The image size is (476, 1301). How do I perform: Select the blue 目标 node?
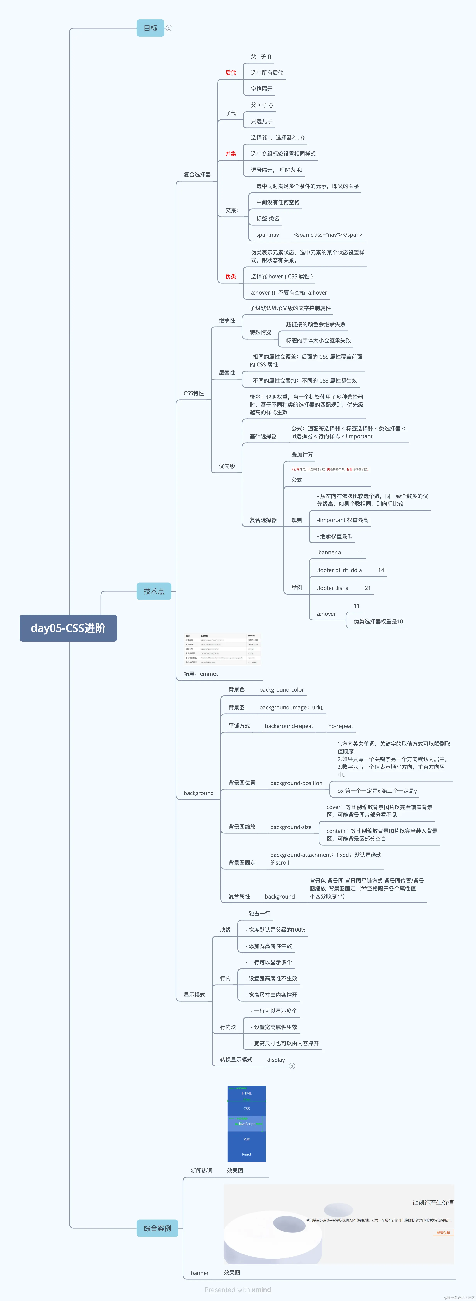click(150, 28)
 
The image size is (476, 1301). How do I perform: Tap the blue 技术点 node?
click(154, 591)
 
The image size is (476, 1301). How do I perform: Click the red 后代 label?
click(230, 73)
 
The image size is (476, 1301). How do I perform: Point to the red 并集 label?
click(230, 153)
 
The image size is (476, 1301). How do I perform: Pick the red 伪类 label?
click(230, 276)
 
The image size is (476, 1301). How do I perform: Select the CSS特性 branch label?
click(194, 393)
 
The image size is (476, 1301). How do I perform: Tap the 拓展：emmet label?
click(201, 674)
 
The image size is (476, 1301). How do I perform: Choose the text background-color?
click(281, 689)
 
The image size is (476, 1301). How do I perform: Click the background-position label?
click(296, 783)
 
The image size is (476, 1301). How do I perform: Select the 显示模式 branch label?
click(194, 994)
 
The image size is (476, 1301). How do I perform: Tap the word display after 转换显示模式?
click(276, 1060)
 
